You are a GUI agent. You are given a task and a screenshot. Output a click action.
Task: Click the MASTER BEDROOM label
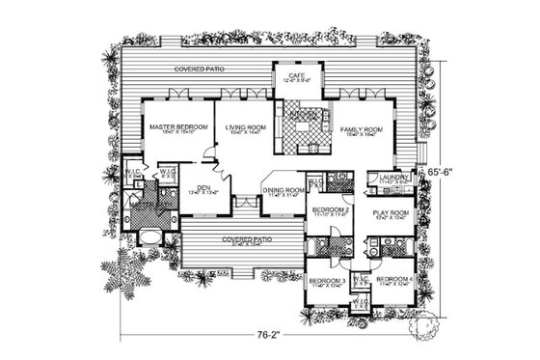point(174,127)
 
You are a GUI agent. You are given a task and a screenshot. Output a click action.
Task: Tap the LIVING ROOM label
point(246,127)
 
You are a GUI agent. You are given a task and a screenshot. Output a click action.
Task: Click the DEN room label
point(204,187)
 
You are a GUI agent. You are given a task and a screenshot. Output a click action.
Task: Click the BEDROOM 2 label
point(328,210)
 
